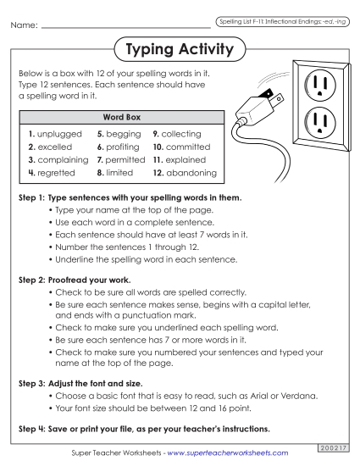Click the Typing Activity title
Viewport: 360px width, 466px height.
tap(179, 50)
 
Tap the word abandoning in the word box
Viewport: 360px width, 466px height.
tap(189, 173)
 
